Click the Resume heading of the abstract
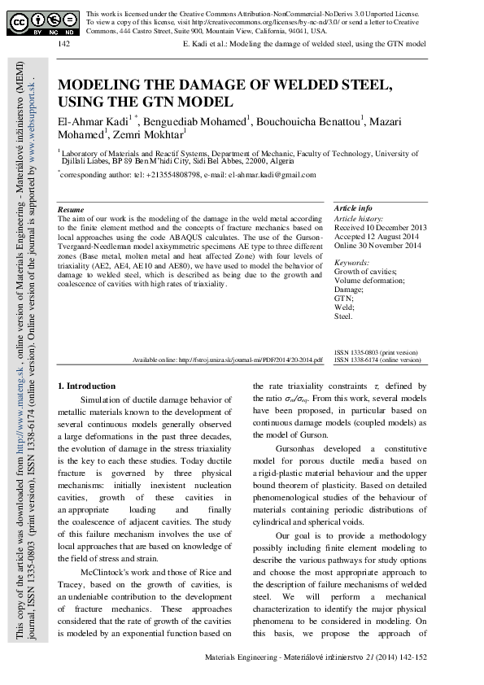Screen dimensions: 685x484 (71, 210)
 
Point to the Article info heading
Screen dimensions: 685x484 (353, 209)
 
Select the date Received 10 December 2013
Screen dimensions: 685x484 (379, 229)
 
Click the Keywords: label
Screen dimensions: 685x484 (352, 263)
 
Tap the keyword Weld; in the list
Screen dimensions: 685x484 (344, 308)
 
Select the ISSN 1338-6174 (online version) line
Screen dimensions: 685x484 (377, 359)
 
